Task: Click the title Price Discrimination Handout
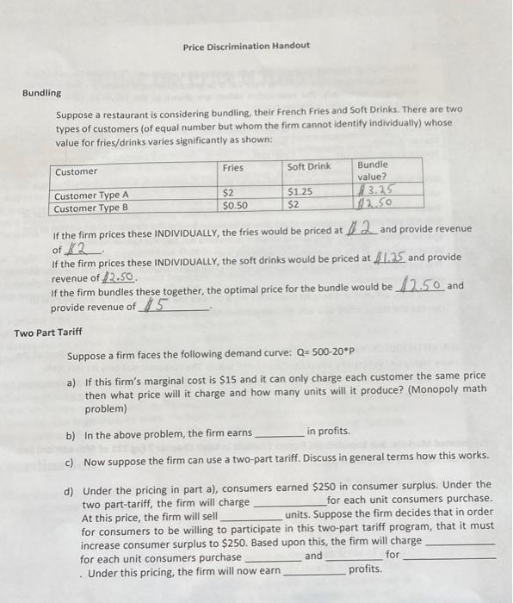[x=246, y=45]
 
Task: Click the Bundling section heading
[x=41, y=93]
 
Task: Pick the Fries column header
[x=232, y=167]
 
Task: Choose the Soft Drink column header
[x=308, y=167]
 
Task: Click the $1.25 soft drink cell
[x=300, y=191]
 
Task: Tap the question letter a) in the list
[x=72, y=382]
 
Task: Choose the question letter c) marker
[x=71, y=461]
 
